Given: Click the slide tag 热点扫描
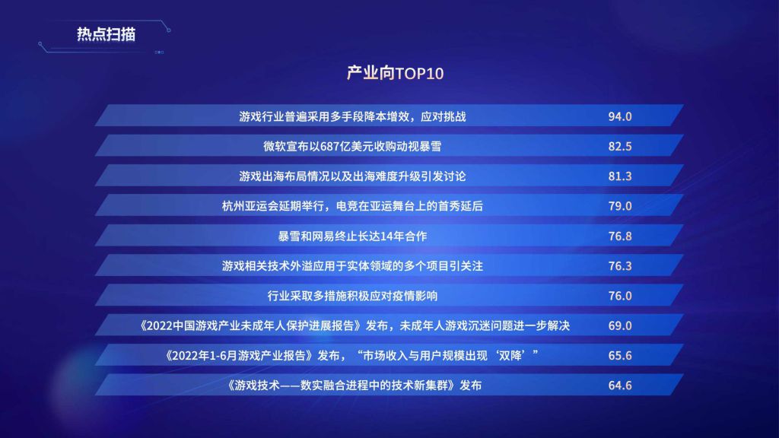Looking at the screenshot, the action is (x=106, y=34).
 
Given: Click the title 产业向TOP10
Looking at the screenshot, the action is (x=395, y=74).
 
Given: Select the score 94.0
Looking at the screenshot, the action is (x=620, y=116).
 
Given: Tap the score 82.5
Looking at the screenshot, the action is (x=620, y=147).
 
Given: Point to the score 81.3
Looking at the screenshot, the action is (x=620, y=176).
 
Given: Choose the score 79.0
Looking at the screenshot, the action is (x=620, y=206).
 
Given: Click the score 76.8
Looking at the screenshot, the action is (x=620, y=236).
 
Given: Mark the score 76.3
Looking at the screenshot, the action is (x=620, y=265).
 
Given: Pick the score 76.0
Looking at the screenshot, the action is (x=620, y=296).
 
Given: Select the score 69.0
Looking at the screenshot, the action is (x=620, y=325).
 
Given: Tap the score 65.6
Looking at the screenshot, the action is (x=620, y=356).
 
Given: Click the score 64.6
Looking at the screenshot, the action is (x=620, y=386).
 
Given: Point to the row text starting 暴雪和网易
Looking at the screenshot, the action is (x=352, y=236).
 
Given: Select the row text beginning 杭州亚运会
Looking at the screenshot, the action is (x=352, y=206).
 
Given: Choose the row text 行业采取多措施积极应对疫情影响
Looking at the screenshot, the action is (x=352, y=296).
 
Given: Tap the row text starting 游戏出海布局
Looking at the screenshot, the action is (x=352, y=176).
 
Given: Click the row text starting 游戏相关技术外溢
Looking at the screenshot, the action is (x=352, y=266).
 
